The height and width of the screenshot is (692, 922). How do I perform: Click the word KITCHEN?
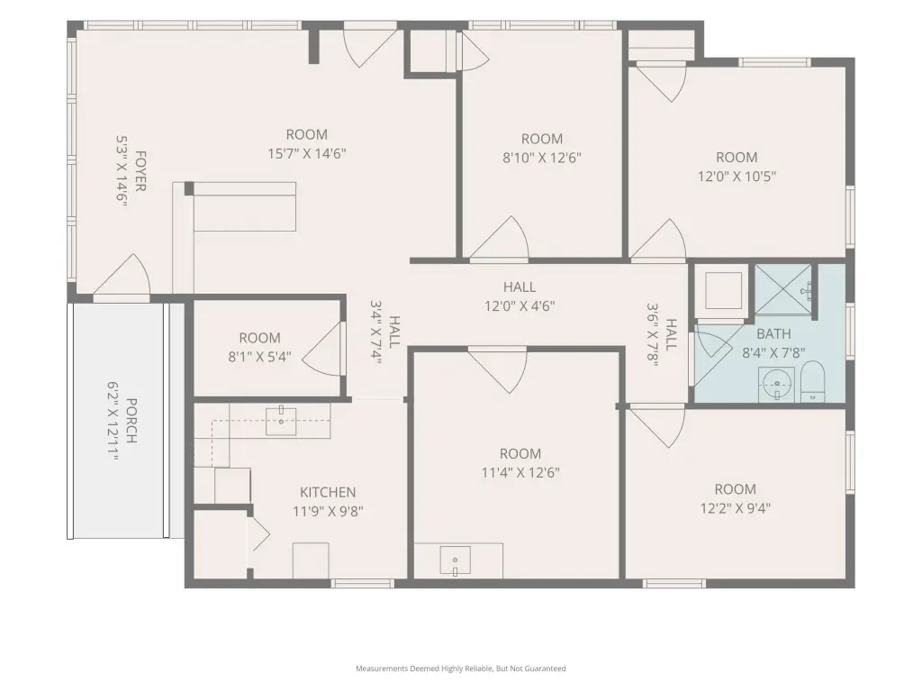coord(328,492)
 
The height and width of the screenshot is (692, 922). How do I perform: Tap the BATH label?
coord(773,333)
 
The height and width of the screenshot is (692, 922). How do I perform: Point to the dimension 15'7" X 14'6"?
coord(307,153)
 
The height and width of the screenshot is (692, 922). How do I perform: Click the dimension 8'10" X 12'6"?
coord(541,158)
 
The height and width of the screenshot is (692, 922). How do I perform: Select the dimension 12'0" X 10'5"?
coord(737,176)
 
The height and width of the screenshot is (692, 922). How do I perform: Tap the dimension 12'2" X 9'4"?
coord(735,508)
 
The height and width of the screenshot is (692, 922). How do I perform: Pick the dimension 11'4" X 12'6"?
coord(520,472)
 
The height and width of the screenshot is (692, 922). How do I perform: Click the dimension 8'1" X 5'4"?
coord(260,357)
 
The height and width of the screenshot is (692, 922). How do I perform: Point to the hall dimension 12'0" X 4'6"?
coord(520,306)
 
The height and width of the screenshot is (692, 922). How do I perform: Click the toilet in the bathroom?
coord(813,382)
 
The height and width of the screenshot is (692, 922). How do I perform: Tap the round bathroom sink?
coord(777,385)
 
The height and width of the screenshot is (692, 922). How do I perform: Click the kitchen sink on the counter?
coord(281,420)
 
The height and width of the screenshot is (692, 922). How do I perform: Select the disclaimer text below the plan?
coord(461,669)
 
